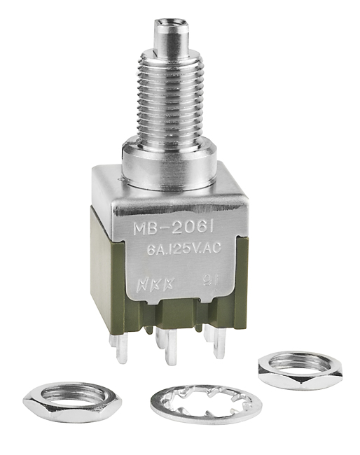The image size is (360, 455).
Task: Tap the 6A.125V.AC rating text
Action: point(184,248)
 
